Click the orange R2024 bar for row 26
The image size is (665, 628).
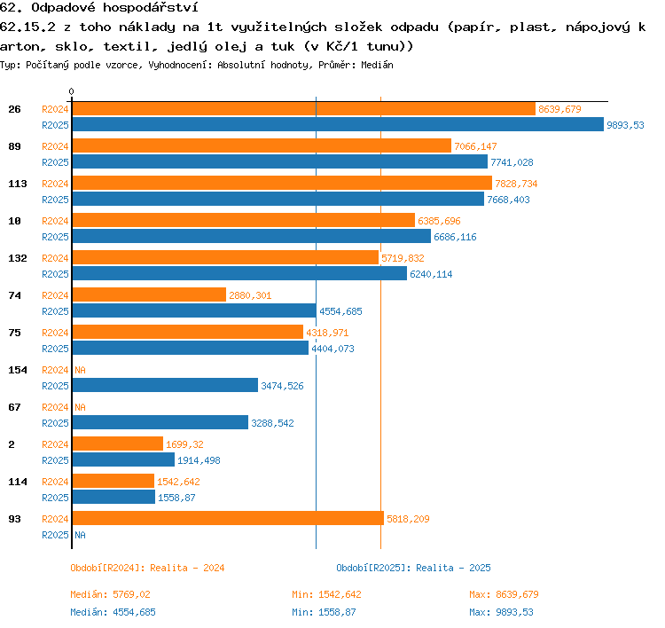pos(303,108)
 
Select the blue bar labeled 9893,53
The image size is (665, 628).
pos(338,124)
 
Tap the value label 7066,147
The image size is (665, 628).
pos(475,146)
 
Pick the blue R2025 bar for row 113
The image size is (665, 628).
pos(278,199)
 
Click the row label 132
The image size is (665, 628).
pos(18,258)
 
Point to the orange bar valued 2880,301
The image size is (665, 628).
pos(149,294)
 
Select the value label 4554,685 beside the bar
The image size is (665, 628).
pos(340,311)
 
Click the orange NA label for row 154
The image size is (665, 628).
pos(80,370)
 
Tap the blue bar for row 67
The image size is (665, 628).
pos(160,422)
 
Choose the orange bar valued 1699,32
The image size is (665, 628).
pos(117,444)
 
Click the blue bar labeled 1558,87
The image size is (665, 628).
pos(113,497)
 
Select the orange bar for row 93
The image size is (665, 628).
pos(228,518)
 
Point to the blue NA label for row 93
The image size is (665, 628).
pos(80,535)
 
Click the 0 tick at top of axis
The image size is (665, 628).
pos(71,91)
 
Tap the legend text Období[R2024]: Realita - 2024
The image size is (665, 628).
pos(147,568)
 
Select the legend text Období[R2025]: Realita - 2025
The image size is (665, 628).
pos(413,568)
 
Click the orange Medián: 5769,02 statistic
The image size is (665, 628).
pos(110,594)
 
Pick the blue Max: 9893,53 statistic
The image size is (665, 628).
pos(501,612)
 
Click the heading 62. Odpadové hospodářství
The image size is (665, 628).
pos(98,7)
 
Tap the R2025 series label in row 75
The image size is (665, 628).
pos(55,349)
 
